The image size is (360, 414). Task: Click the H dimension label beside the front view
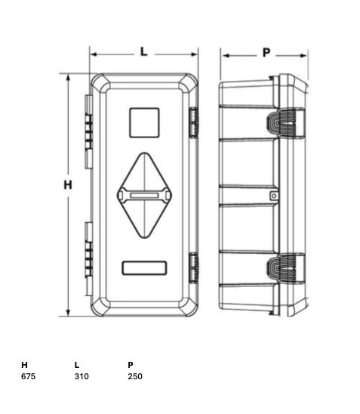68,185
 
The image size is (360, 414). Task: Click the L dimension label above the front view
143,51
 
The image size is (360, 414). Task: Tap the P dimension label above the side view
266,53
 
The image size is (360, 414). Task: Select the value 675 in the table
28,376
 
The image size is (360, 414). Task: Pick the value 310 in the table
82,376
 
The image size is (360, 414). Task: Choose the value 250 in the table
135,376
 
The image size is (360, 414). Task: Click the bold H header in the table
24,365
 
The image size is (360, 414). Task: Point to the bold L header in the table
77,365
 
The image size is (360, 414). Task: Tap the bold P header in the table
131,365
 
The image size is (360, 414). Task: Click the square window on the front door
144,123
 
